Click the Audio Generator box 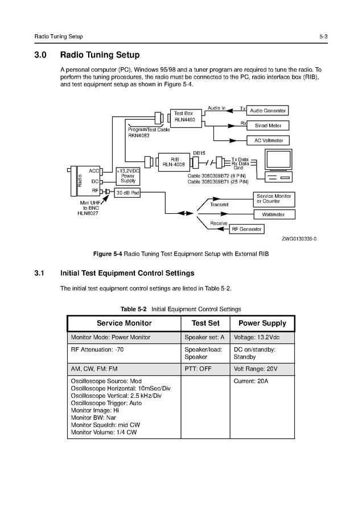(x=268, y=110)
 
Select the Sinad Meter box (x=268, y=125)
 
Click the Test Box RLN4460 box (x=183, y=117)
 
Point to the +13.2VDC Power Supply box (x=127, y=176)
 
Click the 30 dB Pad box (x=127, y=193)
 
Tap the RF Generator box (x=246, y=229)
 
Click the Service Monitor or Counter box (x=274, y=198)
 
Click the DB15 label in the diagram (x=199, y=153)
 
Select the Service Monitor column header (x=124, y=323)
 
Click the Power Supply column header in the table (x=262, y=323)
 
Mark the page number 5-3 (x=323, y=36)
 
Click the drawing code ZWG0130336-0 (x=299, y=239)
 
